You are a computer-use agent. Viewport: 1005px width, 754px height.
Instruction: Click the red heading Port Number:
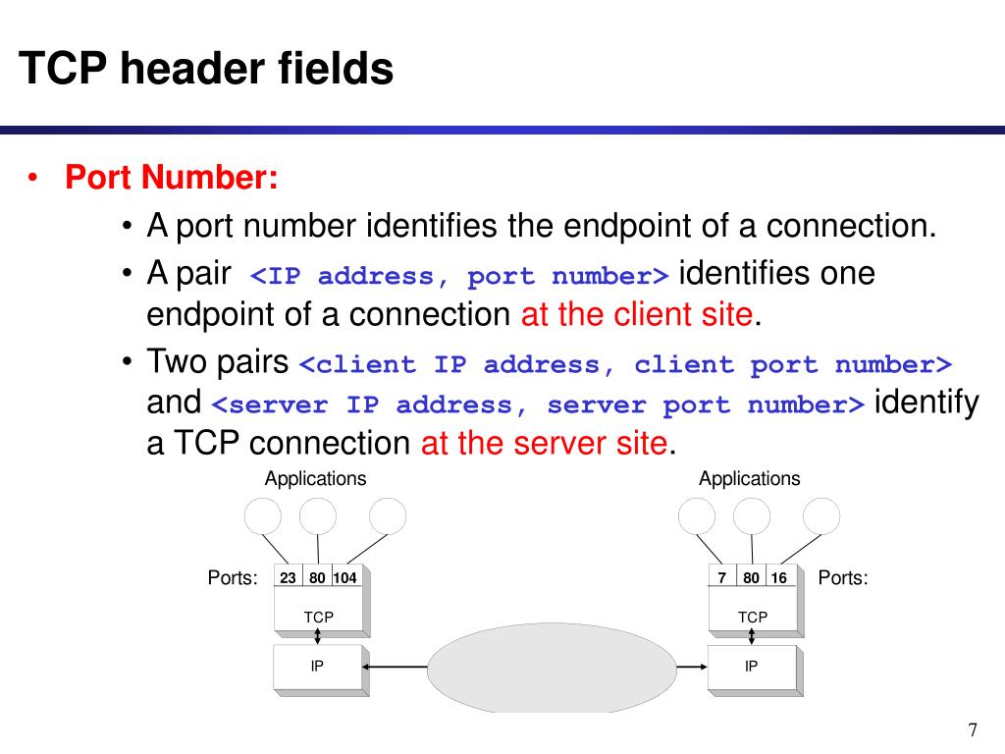(172, 179)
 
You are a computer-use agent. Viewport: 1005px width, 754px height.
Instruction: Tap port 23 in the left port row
(288, 578)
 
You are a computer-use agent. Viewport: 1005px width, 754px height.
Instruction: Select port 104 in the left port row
(344, 578)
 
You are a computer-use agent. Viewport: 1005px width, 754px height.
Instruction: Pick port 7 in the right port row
(721, 578)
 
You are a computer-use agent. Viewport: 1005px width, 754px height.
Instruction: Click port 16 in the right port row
(778, 578)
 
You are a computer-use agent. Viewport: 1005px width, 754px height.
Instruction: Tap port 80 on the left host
(317, 578)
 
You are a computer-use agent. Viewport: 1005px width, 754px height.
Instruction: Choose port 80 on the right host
(751, 578)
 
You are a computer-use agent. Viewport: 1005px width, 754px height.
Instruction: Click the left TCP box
(318, 617)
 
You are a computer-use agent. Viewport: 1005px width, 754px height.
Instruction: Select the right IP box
(752, 668)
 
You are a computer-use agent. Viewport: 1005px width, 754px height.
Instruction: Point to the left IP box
(318, 668)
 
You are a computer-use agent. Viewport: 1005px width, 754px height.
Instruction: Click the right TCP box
(753, 617)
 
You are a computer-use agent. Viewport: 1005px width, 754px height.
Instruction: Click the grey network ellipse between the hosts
(553, 668)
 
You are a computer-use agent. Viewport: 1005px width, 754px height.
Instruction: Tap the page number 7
(973, 729)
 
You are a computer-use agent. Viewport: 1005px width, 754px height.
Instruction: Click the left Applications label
(315, 479)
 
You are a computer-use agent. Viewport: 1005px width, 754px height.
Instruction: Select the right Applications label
(749, 479)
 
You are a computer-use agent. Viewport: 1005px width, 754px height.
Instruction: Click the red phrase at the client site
(640, 315)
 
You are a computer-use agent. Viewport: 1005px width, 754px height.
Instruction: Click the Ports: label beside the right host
(843, 578)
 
